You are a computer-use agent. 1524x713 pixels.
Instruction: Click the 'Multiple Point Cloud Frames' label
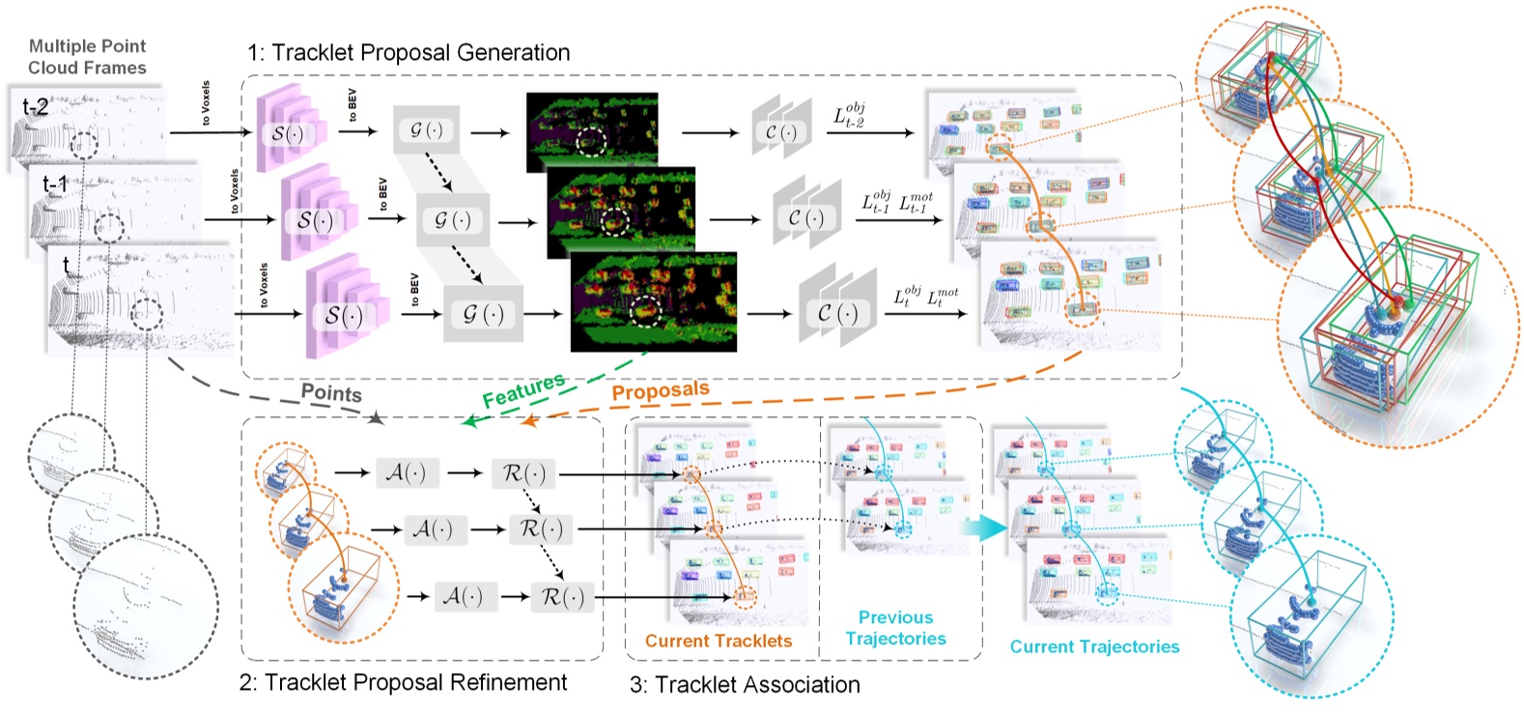[x=87, y=57]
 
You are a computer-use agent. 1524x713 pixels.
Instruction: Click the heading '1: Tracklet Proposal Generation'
[x=409, y=52]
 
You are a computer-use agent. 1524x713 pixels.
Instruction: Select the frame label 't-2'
[x=36, y=107]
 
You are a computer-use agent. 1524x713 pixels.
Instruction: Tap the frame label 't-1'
[x=55, y=183]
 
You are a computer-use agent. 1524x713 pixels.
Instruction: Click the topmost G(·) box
[x=426, y=129]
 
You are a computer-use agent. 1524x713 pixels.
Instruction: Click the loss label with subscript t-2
[x=849, y=116]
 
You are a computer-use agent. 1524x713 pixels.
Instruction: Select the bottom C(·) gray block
[x=836, y=313]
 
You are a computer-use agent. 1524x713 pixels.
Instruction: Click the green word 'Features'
[x=523, y=389]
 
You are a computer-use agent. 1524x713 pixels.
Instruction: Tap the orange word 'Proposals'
[x=661, y=390]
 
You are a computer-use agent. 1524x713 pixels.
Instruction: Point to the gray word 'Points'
[x=331, y=392]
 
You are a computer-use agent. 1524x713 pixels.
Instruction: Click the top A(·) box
[x=406, y=473]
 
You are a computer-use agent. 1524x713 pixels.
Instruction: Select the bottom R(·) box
[x=563, y=597]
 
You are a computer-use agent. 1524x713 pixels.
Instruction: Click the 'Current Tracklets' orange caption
[x=718, y=641]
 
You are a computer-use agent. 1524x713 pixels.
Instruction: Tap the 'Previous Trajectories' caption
[x=895, y=628]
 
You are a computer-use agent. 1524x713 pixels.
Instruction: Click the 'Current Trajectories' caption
[x=1094, y=647]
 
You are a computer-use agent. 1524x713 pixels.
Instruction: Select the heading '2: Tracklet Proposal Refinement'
[x=403, y=682]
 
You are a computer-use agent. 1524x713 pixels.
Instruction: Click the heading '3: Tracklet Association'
[x=745, y=685]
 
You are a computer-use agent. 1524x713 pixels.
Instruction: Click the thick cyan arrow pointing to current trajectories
[x=986, y=528]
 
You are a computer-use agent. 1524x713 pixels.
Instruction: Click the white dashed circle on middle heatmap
[x=614, y=219]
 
